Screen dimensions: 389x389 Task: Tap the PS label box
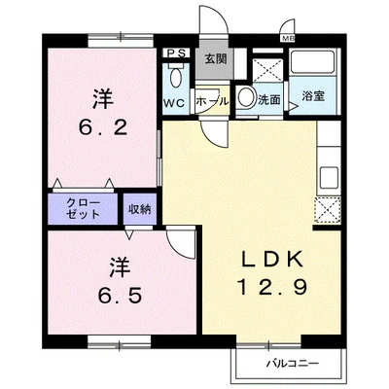tap(178, 54)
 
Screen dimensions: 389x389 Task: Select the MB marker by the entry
tap(287, 38)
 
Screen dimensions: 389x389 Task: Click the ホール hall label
tap(212, 100)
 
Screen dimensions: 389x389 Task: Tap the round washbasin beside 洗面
tap(247, 98)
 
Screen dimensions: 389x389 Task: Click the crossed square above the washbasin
tap(265, 65)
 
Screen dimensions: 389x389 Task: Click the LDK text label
tap(267, 259)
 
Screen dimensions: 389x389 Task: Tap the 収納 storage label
tap(140, 207)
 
